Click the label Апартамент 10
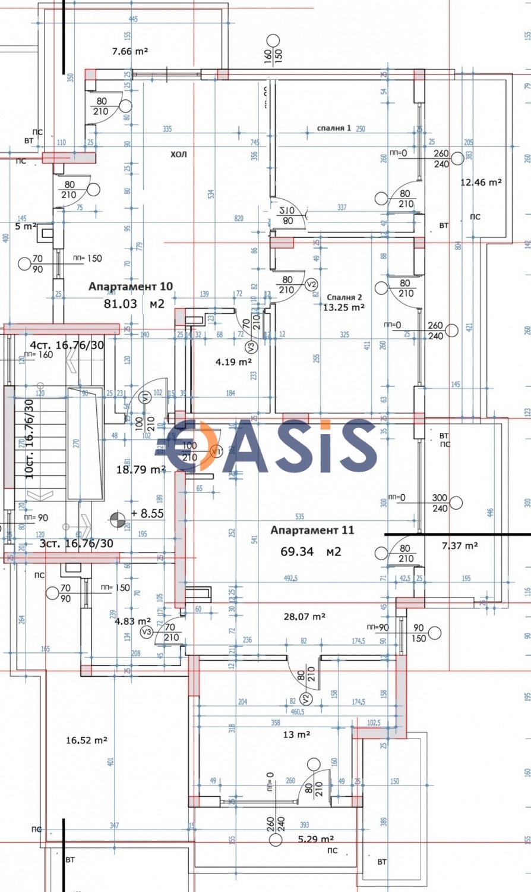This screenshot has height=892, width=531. (131, 287)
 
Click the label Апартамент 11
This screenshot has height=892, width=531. (312, 530)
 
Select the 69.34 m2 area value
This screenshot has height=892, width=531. (311, 552)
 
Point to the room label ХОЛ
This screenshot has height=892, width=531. (178, 155)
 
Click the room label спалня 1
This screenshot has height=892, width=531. (334, 128)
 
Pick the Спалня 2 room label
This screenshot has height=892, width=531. (344, 297)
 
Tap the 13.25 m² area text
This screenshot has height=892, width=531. (343, 307)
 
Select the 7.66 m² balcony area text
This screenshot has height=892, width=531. (129, 51)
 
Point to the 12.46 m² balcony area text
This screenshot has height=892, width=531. (481, 183)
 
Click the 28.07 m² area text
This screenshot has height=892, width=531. (304, 617)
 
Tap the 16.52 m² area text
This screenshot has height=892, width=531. (86, 740)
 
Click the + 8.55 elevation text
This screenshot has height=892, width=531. (147, 513)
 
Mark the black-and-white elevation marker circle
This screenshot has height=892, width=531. (117, 522)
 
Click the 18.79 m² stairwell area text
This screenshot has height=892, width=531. (140, 469)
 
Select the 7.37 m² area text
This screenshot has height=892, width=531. (460, 545)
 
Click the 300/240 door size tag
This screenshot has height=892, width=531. (440, 503)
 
